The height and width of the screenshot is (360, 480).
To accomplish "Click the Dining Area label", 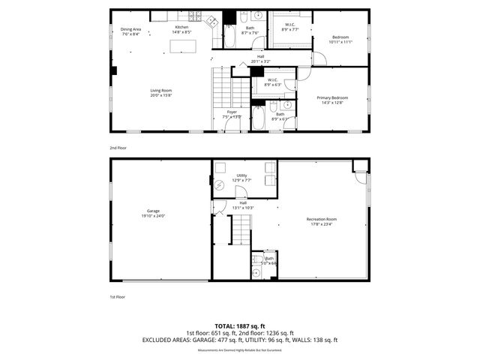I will click(x=130, y=28).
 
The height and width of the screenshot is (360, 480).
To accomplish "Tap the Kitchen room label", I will click(x=182, y=27).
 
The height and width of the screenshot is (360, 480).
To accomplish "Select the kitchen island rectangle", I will click(x=181, y=47).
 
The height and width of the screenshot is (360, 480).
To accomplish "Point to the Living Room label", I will click(x=160, y=90).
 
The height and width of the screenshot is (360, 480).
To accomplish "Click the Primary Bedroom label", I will click(x=332, y=97).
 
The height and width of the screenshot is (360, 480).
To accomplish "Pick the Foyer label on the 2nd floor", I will click(x=233, y=112).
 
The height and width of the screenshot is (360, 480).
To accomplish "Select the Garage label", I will click(x=153, y=211).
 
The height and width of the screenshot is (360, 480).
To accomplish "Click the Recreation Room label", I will click(x=321, y=219).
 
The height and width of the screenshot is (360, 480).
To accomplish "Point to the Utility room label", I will click(x=241, y=175).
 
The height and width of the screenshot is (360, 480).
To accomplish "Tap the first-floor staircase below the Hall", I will click(x=240, y=229).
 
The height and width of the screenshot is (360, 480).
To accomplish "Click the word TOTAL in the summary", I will click(x=225, y=326).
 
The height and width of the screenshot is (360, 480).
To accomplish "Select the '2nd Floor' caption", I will click(x=118, y=148).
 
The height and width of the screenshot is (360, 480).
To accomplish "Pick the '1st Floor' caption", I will click(x=118, y=297).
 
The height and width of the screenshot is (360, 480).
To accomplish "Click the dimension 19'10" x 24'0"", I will click(x=153, y=216).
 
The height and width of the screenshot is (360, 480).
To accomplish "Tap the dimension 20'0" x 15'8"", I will click(x=160, y=95).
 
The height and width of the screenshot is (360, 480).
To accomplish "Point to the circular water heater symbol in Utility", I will click(x=220, y=184).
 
